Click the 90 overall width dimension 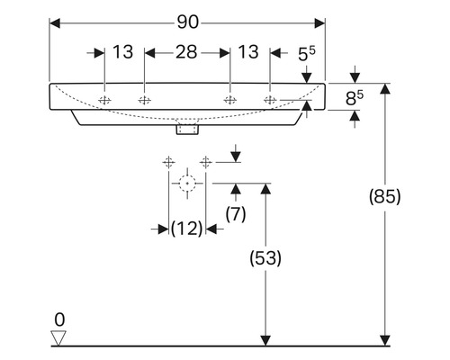(x=188, y=22)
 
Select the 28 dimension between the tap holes (x=186, y=52)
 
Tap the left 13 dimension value (x=123, y=52)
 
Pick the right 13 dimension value (x=248, y=52)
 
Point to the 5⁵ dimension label (x=307, y=54)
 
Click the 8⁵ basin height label (x=355, y=98)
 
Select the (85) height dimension (x=385, y=197)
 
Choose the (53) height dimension (x=265, y=258)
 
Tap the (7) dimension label (x=236, y=214)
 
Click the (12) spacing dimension (x=186, y=229)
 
